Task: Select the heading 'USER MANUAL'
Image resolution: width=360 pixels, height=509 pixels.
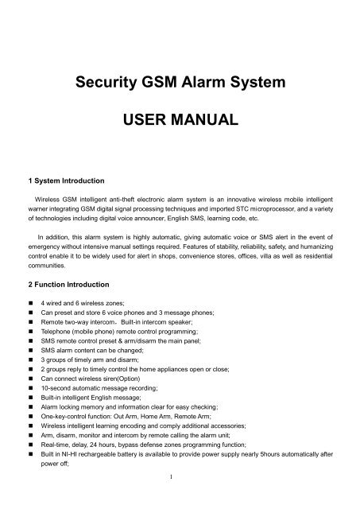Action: tap(180, 122)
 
